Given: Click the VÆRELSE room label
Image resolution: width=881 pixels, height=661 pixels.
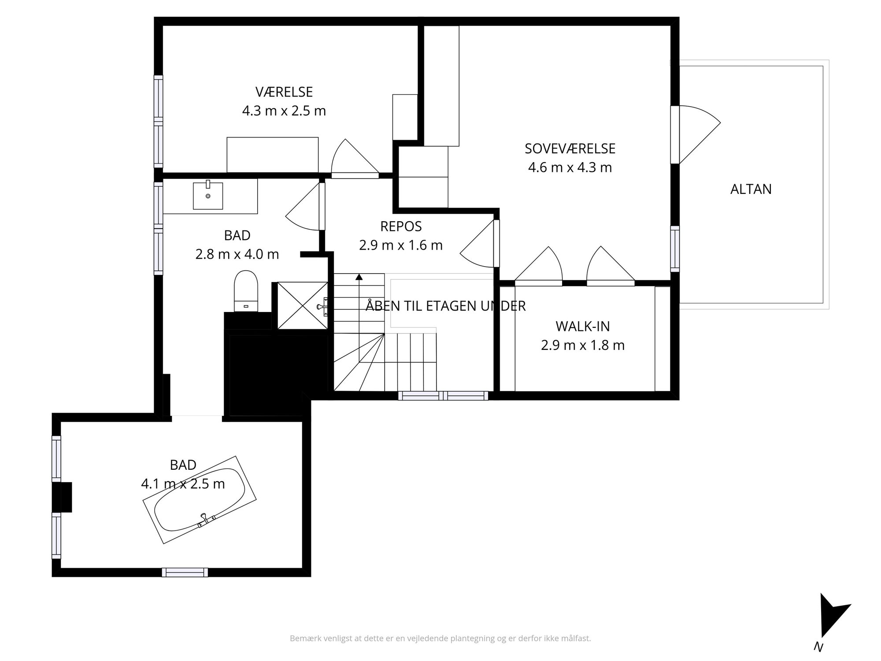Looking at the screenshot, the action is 284,92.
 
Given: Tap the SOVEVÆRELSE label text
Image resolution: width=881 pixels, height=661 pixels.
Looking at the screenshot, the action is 570,149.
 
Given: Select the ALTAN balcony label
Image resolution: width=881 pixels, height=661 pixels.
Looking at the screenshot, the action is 751,189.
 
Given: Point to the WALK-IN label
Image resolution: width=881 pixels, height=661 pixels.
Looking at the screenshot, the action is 583,327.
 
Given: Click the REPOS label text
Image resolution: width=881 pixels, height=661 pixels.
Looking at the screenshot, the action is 401,227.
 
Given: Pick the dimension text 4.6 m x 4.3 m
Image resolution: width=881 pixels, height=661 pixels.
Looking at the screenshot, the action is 570,167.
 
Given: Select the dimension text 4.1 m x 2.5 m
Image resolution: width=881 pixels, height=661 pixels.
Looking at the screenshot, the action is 183,484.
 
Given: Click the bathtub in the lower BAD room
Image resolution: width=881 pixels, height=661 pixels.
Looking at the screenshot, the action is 200,499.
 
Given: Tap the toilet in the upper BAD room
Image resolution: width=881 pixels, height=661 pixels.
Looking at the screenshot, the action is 246,291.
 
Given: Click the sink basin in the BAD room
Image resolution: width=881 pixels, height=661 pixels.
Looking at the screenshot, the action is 208,195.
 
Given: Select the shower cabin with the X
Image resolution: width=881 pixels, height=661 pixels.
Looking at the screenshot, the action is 303,305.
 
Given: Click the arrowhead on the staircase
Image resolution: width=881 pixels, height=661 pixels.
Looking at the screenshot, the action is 359,277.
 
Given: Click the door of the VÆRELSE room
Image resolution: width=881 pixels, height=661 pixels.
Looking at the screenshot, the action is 355,159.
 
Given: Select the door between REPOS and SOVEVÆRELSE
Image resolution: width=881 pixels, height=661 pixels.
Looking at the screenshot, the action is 480,243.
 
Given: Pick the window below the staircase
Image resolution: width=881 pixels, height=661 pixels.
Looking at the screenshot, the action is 443,396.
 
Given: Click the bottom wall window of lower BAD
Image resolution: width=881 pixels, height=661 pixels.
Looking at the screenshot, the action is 185,572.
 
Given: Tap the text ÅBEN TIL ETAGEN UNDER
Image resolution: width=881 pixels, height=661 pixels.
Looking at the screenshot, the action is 446,306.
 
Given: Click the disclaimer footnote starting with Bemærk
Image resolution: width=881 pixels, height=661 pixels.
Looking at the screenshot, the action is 440,638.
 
